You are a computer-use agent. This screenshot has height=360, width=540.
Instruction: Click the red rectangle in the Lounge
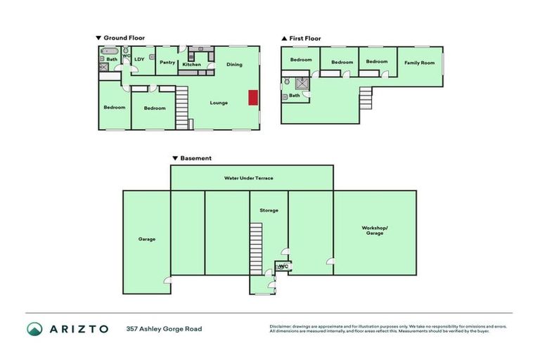pyautogui.click(x=252, y=98)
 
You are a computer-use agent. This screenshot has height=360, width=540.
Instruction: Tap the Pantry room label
pyautogui.click(x=167, y=63)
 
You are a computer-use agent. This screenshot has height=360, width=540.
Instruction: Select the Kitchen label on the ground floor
pyautogui.click(x=192, y=65)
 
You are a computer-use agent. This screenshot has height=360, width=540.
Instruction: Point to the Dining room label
pyautogui.click(x=234, y=65)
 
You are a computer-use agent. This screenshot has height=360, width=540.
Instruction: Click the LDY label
pyautogui.click(x=139, y=59)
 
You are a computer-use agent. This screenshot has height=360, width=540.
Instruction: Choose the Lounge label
pyautogui.click(x=219, y=103)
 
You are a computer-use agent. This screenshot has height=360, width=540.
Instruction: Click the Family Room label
pyautogui.click(x=419, y=63)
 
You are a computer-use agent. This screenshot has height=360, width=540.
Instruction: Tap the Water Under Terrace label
pyautogui.click(x=248, y=178)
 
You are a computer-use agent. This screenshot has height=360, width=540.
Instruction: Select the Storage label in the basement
pyautogui.click(x=269, y=210)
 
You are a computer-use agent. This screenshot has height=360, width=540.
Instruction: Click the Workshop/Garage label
pyautogui.click(x=374, y=230)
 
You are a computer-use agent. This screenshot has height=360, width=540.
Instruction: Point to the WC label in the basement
pyautogui.click(x=283, y=266)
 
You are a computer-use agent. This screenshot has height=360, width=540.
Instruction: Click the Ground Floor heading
pyautogui.click(x=124, y=37)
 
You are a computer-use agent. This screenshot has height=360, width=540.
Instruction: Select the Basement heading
pyautogui.click(x=195, y=158)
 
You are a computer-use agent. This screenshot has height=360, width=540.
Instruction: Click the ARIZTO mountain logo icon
pyautogui.click(x=34, y=329)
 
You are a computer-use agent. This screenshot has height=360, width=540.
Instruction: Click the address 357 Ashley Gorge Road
pyautogui.click(x=164, y=329)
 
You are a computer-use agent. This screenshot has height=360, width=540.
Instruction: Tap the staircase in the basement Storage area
pyautogui.click(x=256, y=249)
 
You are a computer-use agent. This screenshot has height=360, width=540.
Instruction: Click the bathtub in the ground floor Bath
pyautogui.click(x=109, y=51)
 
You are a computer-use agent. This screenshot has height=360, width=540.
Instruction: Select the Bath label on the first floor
pyautogui.click(x=295, y=95)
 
